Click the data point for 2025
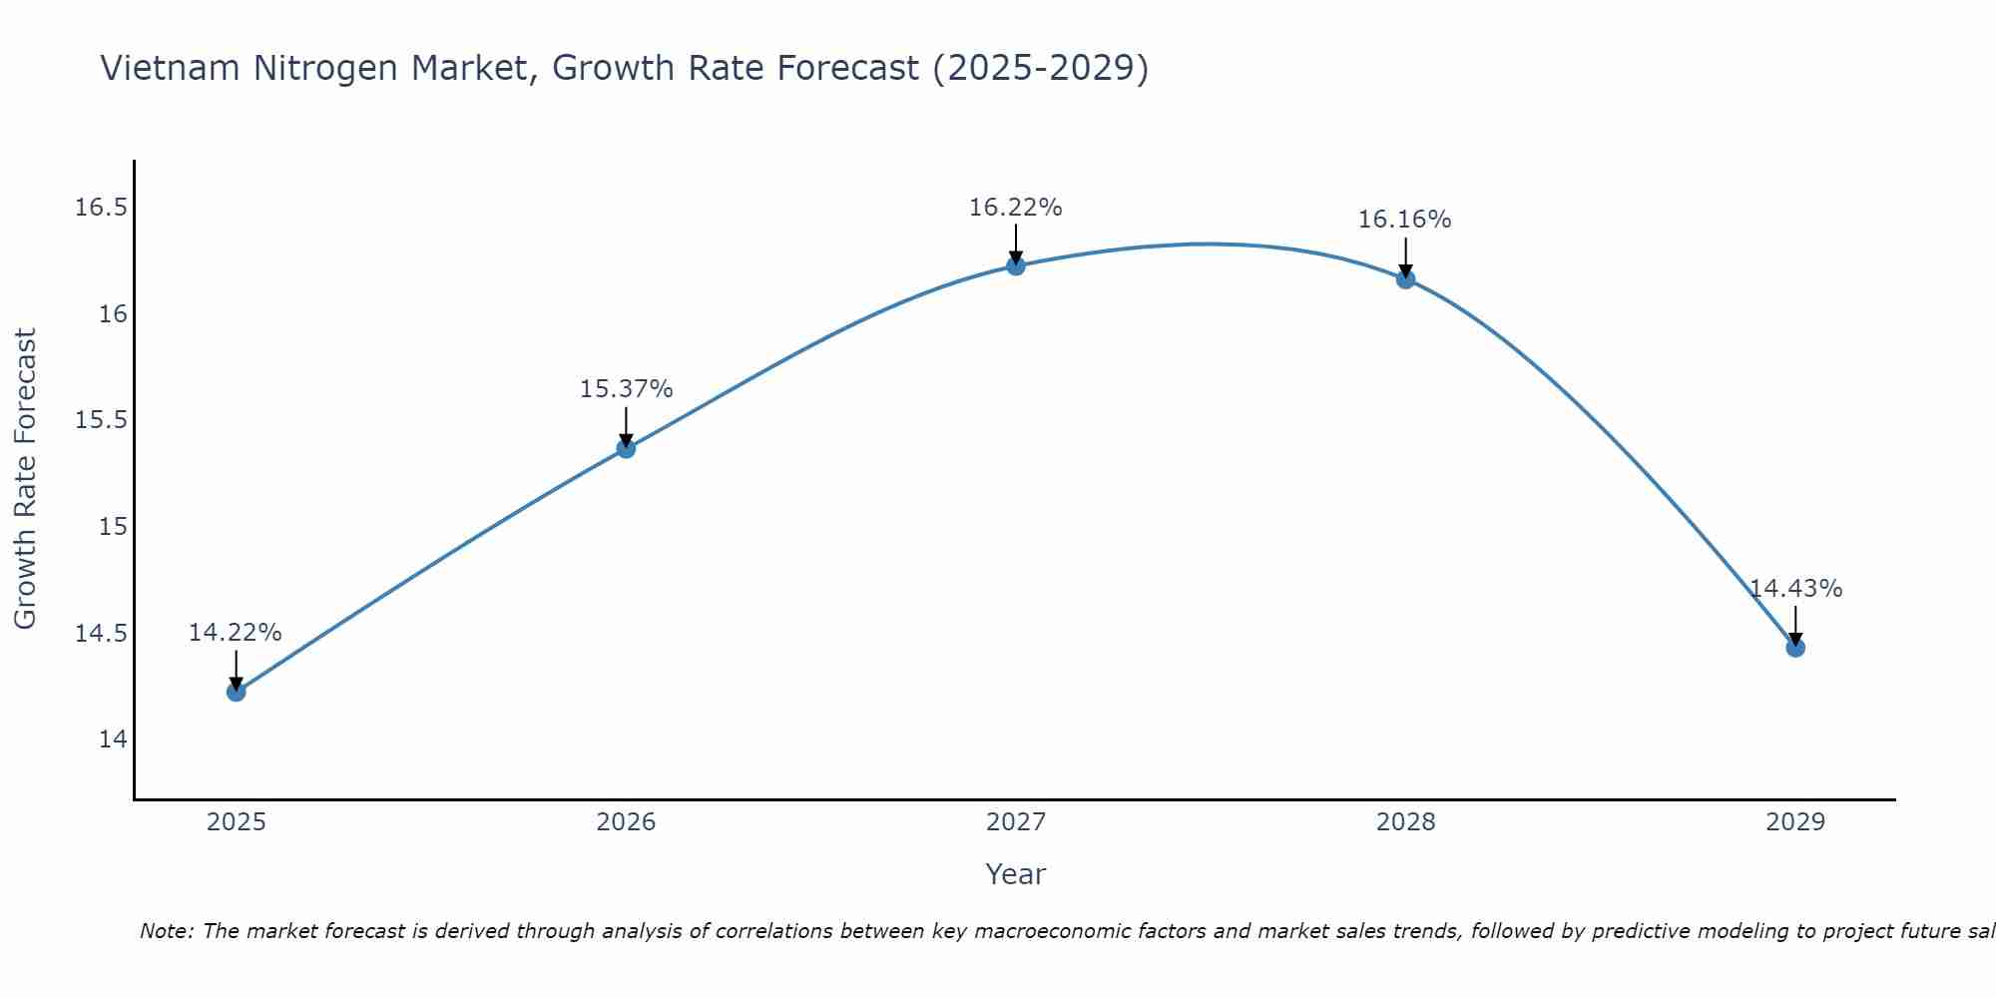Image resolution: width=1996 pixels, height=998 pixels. [236, 692]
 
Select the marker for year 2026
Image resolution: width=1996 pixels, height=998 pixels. [626, 448]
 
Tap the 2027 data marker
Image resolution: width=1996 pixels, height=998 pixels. [1016, 265]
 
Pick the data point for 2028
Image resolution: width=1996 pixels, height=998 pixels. [1405, 278]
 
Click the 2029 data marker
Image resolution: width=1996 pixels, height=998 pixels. [1795, 648]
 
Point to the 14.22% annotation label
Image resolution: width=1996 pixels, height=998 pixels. [236, 633]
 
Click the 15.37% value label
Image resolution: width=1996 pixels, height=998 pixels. [626, 389]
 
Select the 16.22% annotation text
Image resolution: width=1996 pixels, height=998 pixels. [1016, 208]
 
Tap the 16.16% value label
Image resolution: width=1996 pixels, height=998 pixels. [1404, 220]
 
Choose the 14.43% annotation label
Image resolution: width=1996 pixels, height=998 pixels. [1795, 589]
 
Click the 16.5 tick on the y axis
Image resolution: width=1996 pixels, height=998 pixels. [102, 208]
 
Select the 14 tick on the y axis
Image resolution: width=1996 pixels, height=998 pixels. [114, 740]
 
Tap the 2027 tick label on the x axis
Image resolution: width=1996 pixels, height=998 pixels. [1016, 822]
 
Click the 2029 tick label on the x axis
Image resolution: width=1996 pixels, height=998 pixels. [1795, 822]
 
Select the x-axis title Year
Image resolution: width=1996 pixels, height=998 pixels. [1016, 874]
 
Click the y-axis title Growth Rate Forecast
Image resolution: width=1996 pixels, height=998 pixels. [25, 479]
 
